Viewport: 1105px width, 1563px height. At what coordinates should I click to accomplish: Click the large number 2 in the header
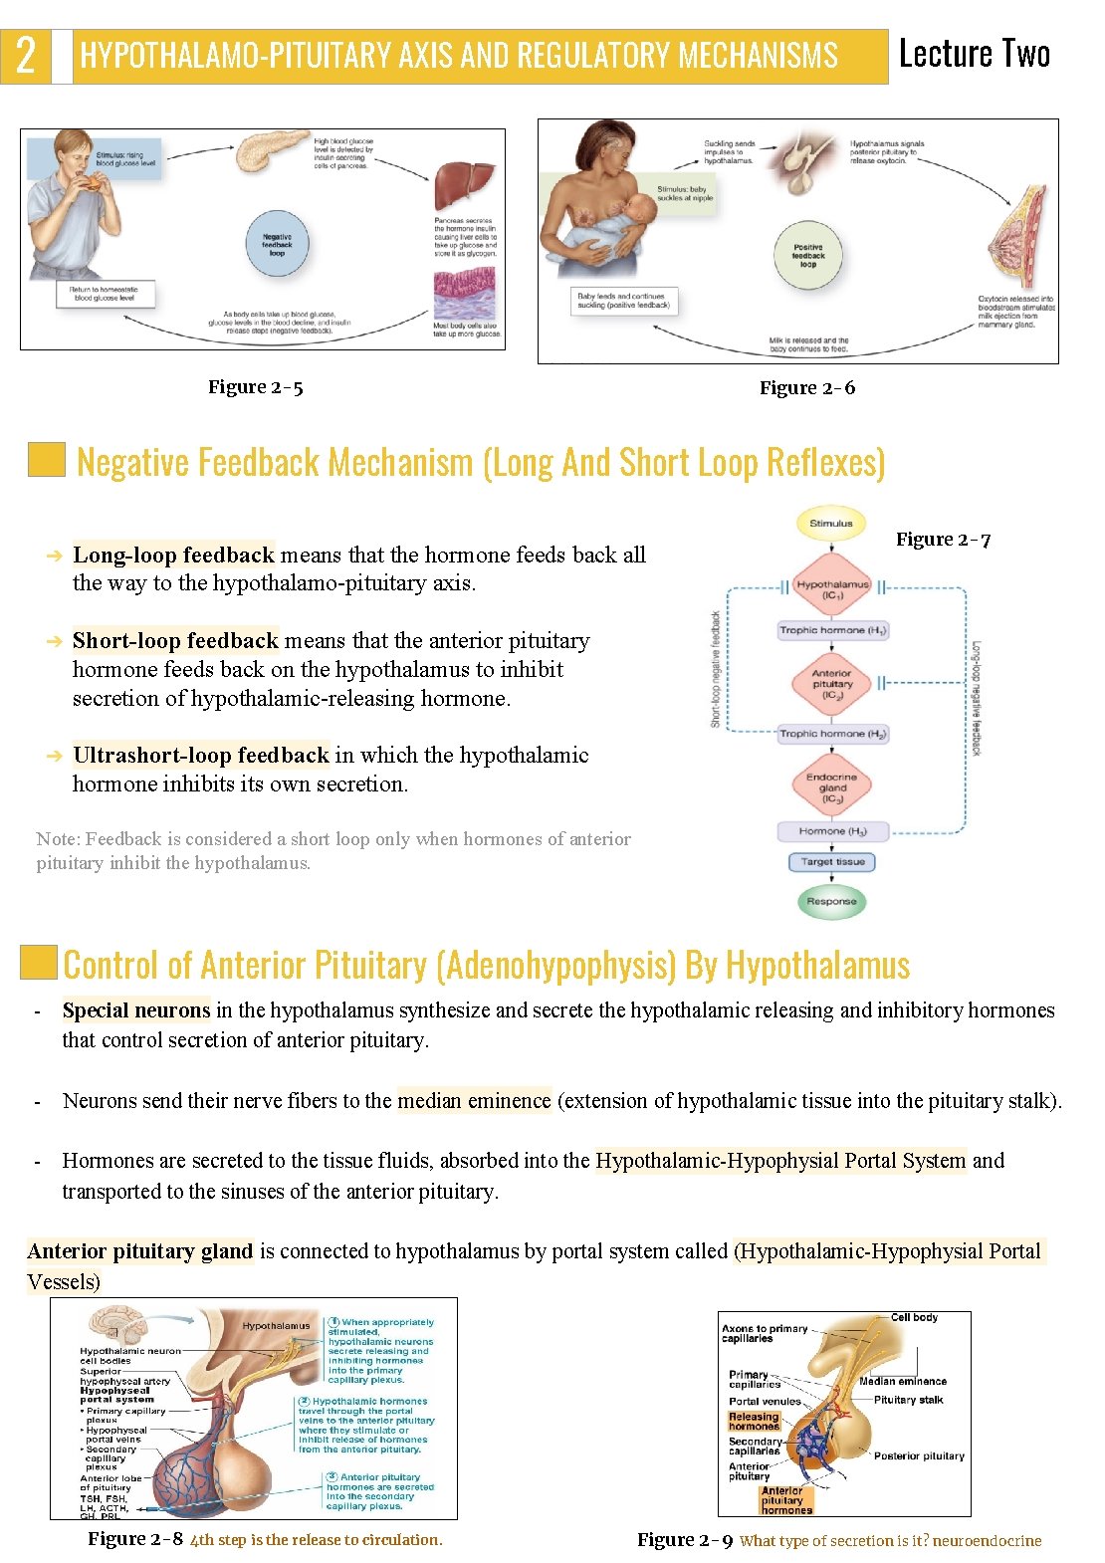(26, 56)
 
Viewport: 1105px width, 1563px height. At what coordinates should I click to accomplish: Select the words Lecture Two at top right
(974, 54)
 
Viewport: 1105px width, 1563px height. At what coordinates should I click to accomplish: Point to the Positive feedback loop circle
(808, 256)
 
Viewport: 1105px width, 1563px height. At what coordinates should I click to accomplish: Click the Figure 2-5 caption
(255, 387)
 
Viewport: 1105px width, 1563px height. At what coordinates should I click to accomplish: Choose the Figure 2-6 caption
(806, 388)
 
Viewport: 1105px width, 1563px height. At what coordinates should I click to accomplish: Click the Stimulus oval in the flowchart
(831, 523)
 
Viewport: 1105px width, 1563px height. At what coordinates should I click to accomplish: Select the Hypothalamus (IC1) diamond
(832, 589)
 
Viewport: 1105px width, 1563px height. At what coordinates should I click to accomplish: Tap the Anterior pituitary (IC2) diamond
(832, 683)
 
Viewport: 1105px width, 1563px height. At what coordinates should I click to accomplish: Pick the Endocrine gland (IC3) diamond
(832, 786)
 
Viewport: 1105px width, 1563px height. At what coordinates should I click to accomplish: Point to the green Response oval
(831, 901)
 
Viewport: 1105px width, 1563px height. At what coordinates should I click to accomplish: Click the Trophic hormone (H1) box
(832, 630)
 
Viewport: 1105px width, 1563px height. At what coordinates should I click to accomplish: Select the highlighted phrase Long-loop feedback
(173, 555)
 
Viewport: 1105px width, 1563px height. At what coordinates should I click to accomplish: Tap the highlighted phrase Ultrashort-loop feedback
(200, 755)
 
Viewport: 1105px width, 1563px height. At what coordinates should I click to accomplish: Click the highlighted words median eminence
(474, 1100)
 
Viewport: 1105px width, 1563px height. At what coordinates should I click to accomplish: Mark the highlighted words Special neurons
(136, 1010)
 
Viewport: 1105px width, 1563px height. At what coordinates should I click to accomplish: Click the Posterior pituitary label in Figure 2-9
(919, 1455)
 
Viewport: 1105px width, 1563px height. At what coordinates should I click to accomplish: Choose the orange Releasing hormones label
(754, 1421)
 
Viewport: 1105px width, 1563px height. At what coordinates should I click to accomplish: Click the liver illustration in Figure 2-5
(465, 186)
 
